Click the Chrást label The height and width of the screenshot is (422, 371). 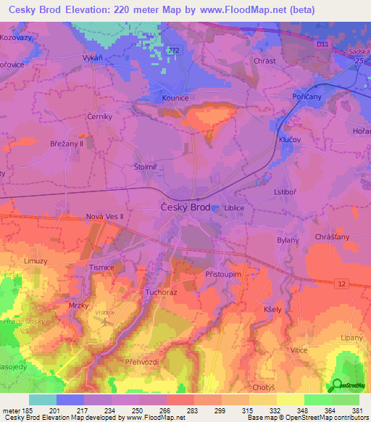tap(264, 61)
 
